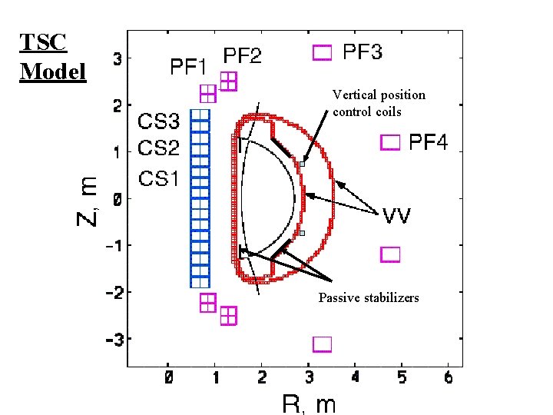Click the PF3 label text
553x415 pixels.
click(x=362, y=52)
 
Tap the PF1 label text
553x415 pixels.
click(x=188, y=68)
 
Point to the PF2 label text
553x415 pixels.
click(x=242, y=56)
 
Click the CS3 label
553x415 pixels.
click(x=159, y=121)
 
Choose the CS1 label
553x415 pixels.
click(x=159, y=179)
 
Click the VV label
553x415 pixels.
click(x=397, y=216)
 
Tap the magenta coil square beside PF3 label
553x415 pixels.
click(x=323, y=52)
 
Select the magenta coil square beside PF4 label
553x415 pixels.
click(x=391, y=142)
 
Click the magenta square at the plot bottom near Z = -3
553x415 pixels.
click(x=322, y=344)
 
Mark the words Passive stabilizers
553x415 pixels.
click(x=369, y=297)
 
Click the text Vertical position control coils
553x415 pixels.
click(x=379, y=103)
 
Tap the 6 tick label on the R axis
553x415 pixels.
click(x=449, y=378)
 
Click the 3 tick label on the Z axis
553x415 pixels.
click(x=118, y=58)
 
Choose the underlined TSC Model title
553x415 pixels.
click(x=52, y=57)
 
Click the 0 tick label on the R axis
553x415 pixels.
click(x=167, y=378)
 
